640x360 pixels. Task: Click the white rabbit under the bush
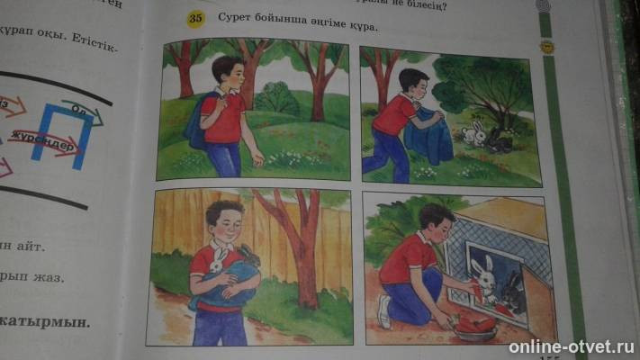click(473, 134)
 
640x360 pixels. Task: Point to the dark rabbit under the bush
click(498, 139)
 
